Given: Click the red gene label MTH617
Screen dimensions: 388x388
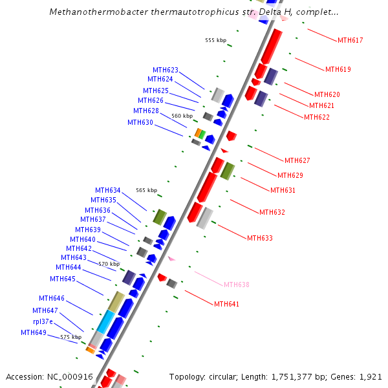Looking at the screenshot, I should tap(350, 40).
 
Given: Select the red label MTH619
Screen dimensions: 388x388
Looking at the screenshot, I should tap(338, 69).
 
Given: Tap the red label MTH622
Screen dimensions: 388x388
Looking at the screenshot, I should tap(316, 117).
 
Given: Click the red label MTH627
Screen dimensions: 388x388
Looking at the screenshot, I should tap(297, 160).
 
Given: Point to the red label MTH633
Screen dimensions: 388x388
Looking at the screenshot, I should tap(259, 238).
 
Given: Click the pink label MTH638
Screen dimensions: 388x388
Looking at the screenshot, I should tap(236, 285).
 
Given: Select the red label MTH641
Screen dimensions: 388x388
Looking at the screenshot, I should tap(226, 304).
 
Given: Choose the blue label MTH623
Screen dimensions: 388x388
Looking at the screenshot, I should tap(166, 70).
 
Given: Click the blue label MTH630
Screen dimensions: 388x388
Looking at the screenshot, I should tap(140, 122).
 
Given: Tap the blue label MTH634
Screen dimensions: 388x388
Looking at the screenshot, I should tap(108, 190).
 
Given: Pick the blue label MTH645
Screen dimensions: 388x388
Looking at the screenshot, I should tap(63, 279).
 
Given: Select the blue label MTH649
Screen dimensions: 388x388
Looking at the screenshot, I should tap(34, 332).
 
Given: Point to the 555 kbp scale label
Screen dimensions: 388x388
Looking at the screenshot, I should tap(215, 40).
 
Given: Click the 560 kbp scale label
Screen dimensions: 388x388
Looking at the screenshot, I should tap(182, 116).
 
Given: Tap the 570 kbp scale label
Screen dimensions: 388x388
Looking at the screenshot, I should tap(109, 264).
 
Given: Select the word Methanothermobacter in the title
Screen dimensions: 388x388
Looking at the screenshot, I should tap(89, 12).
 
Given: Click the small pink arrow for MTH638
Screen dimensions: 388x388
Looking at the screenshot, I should tap(171, 259).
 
